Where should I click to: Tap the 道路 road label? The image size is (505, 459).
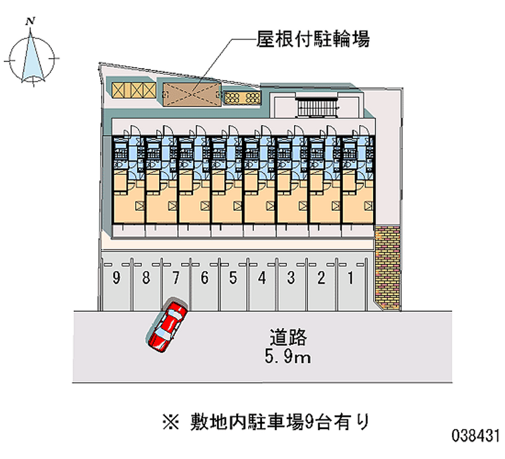288,338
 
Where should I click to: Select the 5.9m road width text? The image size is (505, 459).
287,358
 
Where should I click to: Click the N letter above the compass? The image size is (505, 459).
30,21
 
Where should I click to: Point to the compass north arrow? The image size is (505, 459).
32,57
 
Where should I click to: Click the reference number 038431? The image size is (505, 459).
475,436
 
